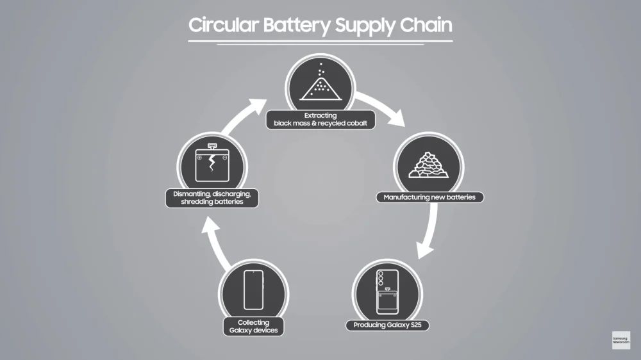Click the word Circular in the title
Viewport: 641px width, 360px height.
(221, 25)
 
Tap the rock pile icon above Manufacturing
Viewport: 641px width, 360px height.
(428, 165)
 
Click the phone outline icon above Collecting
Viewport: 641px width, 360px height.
(253, 289)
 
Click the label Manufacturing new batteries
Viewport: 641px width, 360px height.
(429, 197)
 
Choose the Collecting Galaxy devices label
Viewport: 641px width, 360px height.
(253, 327)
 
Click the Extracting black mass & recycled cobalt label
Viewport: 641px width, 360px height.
(320, 120)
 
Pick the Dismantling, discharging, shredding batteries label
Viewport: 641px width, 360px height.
(212, 198)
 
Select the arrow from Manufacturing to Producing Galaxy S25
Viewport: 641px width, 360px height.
(431, 234)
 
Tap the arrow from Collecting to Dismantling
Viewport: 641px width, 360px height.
(217, 243)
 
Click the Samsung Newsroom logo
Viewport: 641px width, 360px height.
(620, 340)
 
